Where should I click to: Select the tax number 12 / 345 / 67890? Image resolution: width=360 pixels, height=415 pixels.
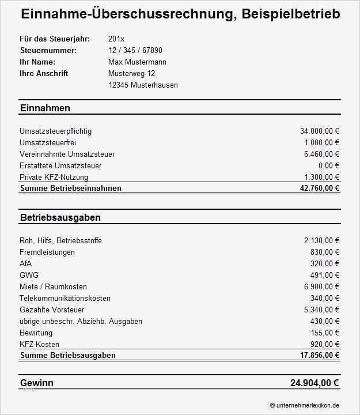click(135, 50)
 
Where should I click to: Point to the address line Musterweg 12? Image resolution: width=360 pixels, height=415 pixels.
click(131, 73)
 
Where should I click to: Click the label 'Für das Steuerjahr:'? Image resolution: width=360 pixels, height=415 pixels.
click(55, 39)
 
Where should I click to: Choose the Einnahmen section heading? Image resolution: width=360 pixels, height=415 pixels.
click(45, 108)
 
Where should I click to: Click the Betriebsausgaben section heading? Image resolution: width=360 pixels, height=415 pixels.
click(60, 217)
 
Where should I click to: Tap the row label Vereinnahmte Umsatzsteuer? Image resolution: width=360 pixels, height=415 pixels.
click(67, 154)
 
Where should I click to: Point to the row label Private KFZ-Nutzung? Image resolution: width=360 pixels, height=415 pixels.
click(54, 177)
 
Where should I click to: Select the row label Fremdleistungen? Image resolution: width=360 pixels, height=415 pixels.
click(47, 252)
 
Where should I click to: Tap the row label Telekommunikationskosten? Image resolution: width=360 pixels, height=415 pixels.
click(65, 298)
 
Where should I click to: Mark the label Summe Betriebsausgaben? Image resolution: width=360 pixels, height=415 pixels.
click(67, 355)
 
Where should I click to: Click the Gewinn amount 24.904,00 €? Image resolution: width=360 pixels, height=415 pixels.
click(314, 383)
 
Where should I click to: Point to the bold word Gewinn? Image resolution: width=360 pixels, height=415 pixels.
click(37, 383)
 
